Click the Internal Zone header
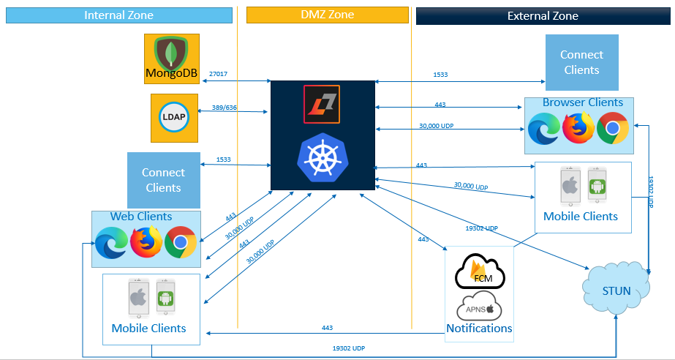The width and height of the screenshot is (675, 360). tap(119, 15)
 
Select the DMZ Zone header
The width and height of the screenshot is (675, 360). tap(327, 15)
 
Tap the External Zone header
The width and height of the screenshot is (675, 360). tap(543, 15)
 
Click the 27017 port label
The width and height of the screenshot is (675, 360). tap(218, 74)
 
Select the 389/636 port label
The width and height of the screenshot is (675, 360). tap(225, 108)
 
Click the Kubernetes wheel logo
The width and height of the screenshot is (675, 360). tap(323, 158)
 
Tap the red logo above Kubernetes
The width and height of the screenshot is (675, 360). tap(323, 102)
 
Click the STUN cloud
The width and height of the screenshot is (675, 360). tap(616, 290)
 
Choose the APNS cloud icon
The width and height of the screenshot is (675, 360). tap(480, 307)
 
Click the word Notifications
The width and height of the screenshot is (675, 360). tap(479, 329)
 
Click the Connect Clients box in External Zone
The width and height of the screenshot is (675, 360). tap(581, 62)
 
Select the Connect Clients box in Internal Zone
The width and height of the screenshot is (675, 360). tap(163, 180)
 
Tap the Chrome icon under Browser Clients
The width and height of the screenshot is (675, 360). tap(613, 129)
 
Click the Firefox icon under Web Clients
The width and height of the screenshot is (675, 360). tap(146, 242)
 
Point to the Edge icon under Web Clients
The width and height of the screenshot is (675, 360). tap(111, 242)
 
